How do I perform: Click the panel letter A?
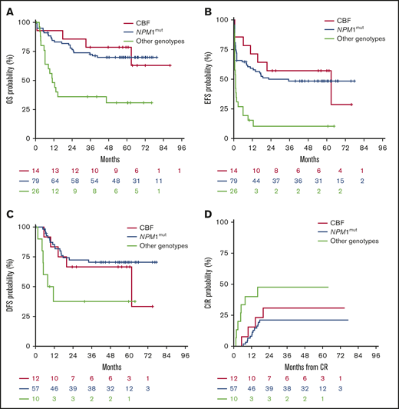[7, 10]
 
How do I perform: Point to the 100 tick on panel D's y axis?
[223, 224]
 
